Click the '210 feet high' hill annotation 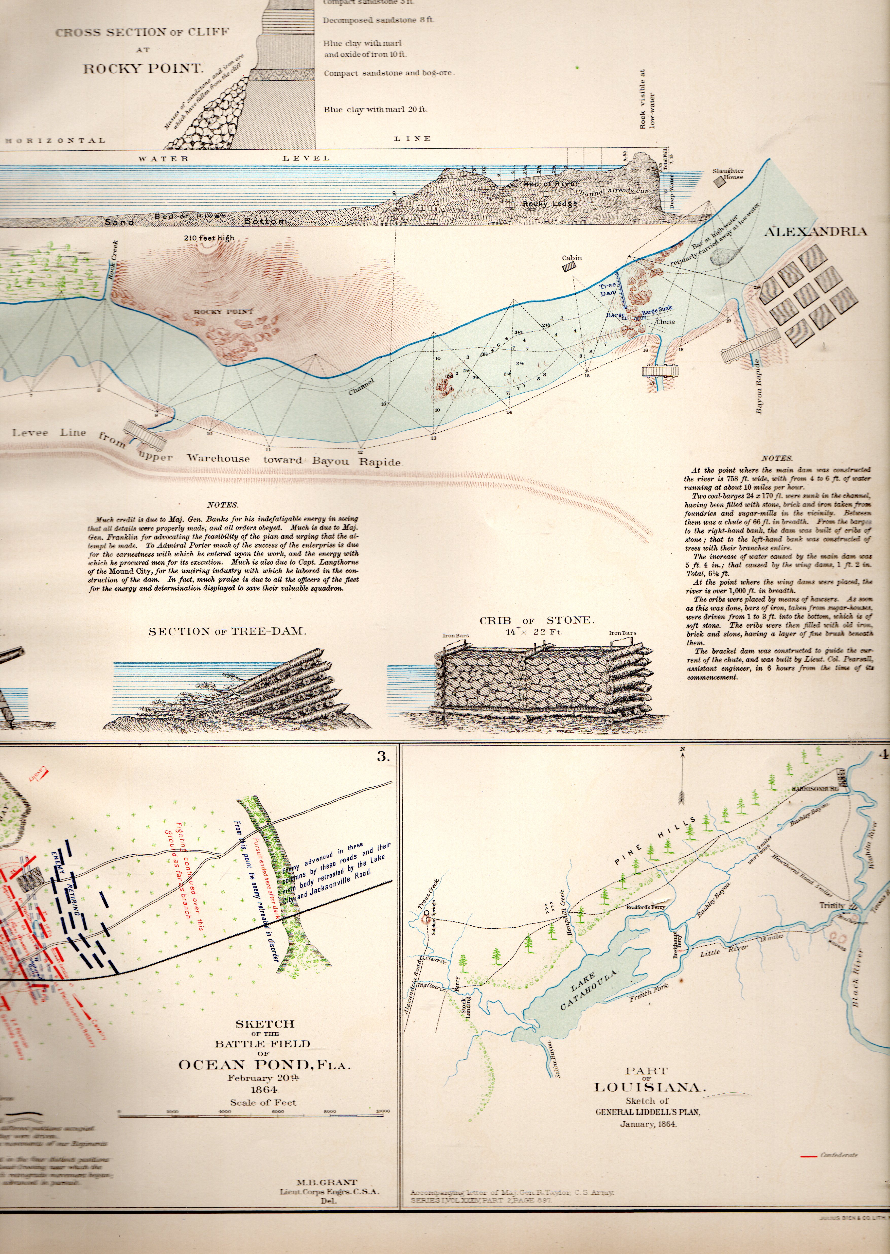tap(209, 238)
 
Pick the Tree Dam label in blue tap(608, 289)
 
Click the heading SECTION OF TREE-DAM tap(227, 631)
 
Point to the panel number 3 tap(383, 757)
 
